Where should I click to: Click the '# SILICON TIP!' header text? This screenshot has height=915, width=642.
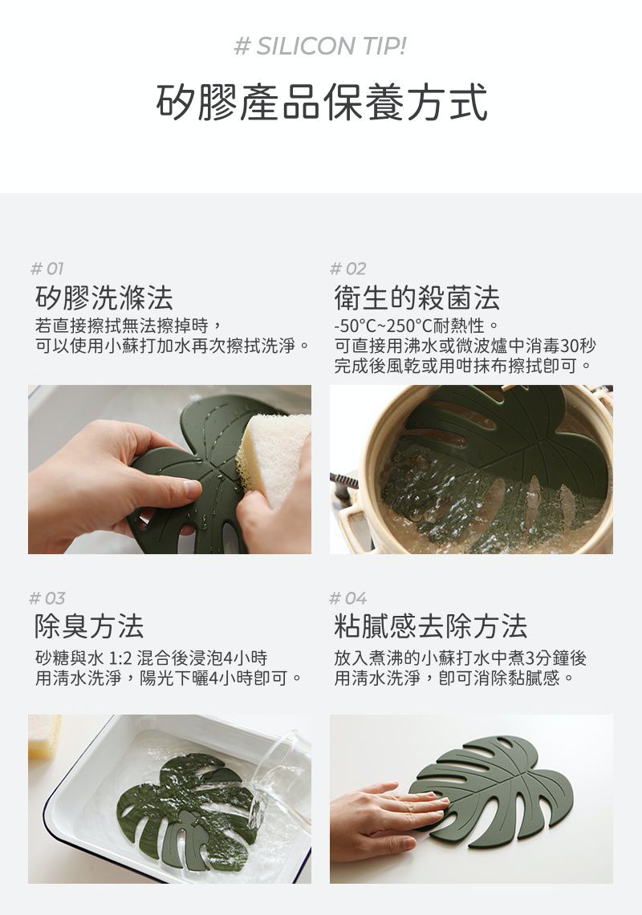pyautogui.click(x=320, y=46)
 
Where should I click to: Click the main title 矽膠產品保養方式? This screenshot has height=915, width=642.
pyautogui.click(x=321, y=102)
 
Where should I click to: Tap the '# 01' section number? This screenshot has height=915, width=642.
pyautogui.click(x=47, y=269)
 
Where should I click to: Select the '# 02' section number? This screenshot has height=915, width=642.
pyautogui.click(x=347, y=269)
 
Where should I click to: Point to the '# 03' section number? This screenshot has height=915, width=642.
pyautogui.click(x=47, y=598)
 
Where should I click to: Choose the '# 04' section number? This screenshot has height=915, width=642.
pyautogui.click(x=348, y=598)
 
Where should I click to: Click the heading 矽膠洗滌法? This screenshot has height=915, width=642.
pyautogui.click(x=104, y=298)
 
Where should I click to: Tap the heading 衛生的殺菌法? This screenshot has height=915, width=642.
pyautogui.click(x=416, y=298)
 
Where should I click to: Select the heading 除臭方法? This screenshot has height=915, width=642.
pyautogui.click(x=89, y=627)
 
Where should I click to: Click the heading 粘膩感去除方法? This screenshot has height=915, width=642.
pyautogui.click(x=430, y=627)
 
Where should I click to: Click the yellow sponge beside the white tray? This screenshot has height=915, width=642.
pyautogui.click(x=43, y=736)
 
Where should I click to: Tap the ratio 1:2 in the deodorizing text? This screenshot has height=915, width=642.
pyautogui.click(x=120, y=658)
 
